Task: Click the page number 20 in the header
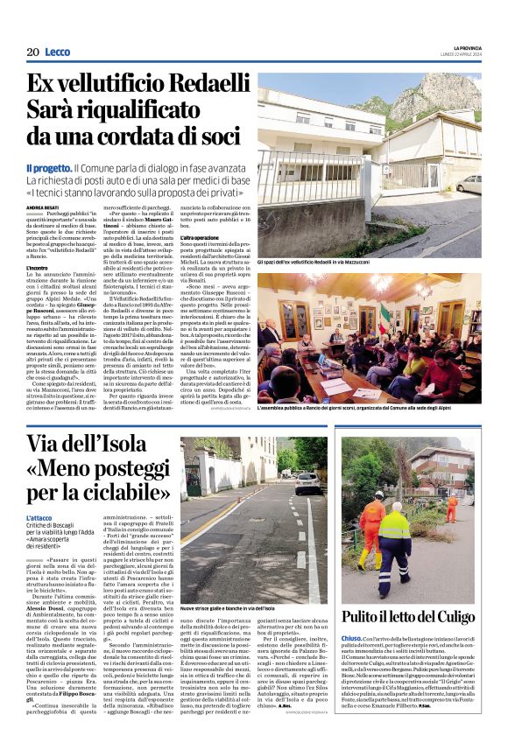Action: pyautogui.click(x=32, y=53)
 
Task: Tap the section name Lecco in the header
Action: pyautogui.click(x=59, y=53)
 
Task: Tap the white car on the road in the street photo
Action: pyautogui.click(x=307, y=481)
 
